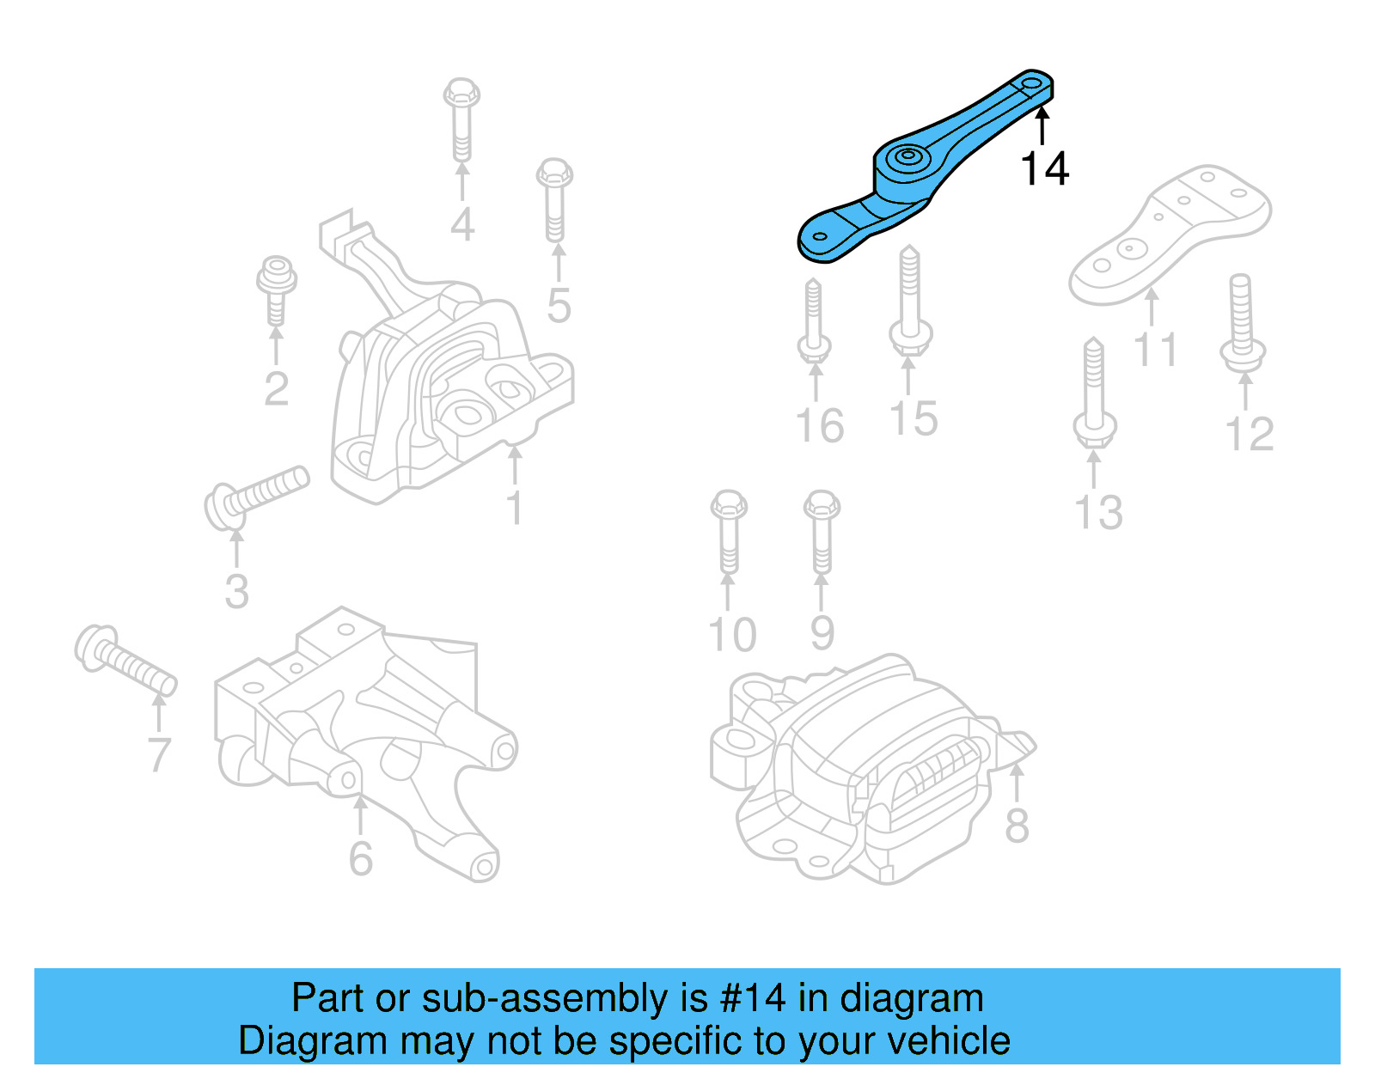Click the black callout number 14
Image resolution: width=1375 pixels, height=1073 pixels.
click(1044, 168)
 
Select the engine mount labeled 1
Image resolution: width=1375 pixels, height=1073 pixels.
click(447, 387)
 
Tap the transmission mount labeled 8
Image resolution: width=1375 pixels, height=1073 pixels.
click(868, 765)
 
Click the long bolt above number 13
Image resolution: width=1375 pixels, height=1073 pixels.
click(1094, 391)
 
